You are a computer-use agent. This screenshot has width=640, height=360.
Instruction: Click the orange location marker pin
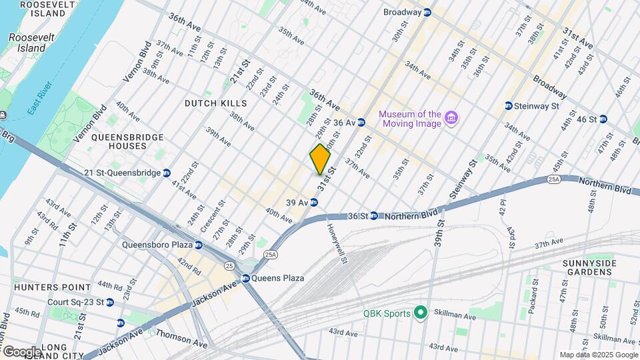tap(321, 159)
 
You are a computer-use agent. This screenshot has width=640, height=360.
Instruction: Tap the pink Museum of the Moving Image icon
tap(452, 118)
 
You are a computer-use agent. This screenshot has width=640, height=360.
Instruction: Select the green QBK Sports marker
tap(420, 312)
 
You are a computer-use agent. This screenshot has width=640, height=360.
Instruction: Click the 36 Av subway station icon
tap(361, 123)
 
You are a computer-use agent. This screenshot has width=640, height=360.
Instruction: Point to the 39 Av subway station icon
tap(313, 203)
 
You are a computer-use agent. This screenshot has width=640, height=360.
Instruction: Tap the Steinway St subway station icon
tap(508, 105)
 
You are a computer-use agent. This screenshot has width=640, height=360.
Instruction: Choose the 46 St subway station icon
tap(603, 119)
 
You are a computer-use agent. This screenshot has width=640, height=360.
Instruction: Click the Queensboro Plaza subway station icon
tap(198, 245)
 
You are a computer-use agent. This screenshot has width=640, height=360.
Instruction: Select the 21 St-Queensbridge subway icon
tap(167, 173)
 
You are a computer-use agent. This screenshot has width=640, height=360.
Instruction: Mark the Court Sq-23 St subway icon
tap(109, 302)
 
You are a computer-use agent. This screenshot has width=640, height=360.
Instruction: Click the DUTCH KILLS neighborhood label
tap(215, 103)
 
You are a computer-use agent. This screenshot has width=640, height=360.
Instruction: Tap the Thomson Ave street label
tap(181, 337)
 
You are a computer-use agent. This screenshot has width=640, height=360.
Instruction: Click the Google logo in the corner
tap(22, 351)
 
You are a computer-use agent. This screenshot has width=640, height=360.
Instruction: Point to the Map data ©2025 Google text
tap(598, 355)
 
